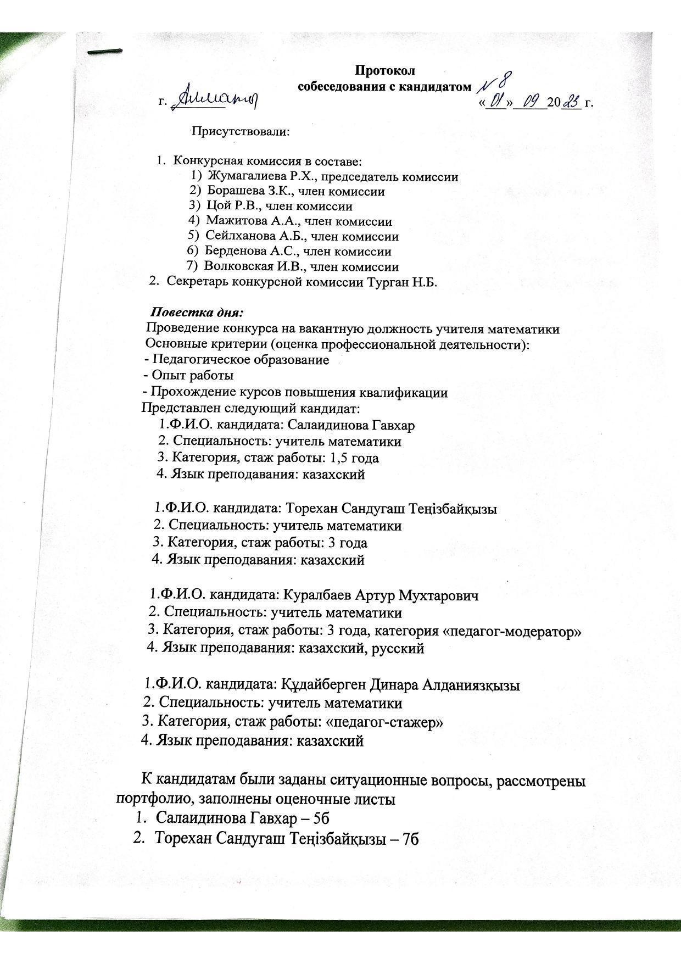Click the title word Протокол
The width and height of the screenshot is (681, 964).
385,70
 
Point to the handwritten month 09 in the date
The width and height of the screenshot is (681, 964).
531,103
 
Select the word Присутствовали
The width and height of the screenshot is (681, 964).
239,132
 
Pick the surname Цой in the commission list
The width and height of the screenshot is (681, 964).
216,207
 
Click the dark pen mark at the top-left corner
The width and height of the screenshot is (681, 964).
105,51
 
